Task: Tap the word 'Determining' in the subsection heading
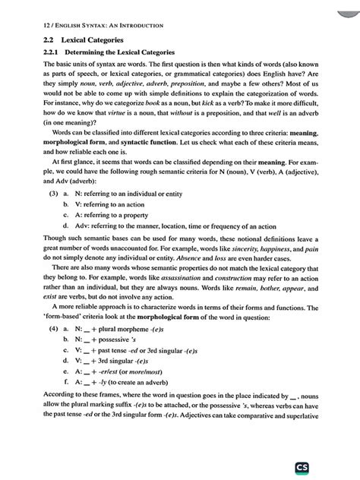click(x=93, y=52)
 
